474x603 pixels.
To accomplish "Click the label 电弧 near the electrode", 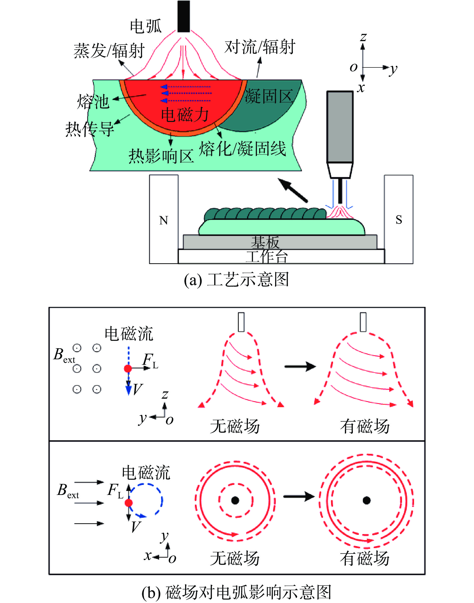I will point(146,26).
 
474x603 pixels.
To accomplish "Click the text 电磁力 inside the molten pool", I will point(185,115).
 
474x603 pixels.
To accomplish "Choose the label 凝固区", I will point(269,97).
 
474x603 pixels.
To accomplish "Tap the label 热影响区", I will point(161,156).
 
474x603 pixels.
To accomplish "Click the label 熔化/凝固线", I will point(243,149).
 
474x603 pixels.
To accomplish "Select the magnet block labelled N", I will point(164,219).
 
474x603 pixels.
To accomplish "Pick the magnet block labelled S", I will point(399,219).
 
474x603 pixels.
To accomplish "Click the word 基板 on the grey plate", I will point(265,242).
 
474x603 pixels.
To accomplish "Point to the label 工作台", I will point(266,256).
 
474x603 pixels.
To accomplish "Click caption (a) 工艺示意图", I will point(236,279).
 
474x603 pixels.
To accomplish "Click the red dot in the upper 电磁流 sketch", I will point(128,368).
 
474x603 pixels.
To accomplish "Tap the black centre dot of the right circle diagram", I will point(367,500).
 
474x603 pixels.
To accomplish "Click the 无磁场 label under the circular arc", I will point(235,558).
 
